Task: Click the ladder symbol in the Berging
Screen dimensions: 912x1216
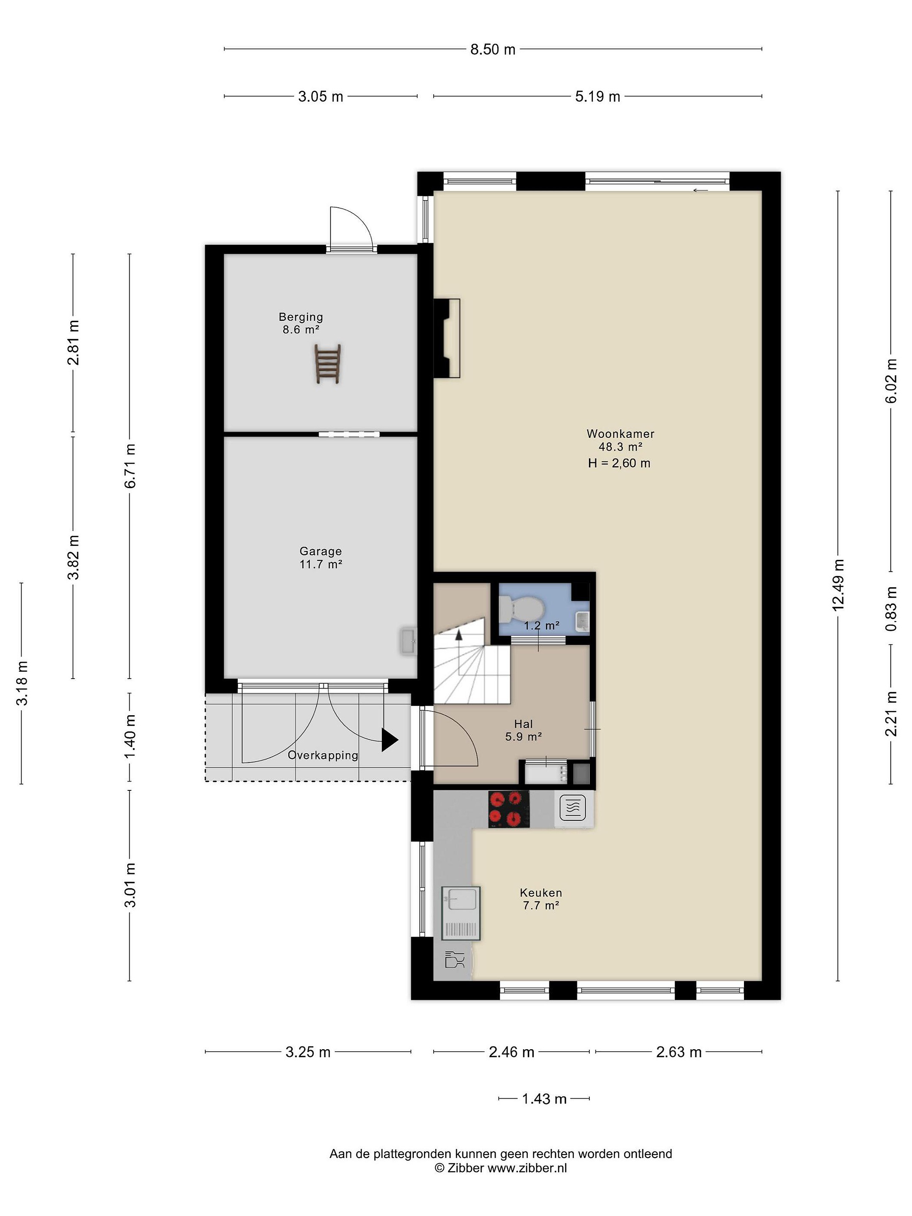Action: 328,364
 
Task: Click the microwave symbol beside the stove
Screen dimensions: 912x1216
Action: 573,808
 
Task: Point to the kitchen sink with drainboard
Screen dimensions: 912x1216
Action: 461,913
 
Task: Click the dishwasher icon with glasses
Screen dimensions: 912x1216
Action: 455,961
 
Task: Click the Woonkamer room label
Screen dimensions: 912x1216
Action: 620,434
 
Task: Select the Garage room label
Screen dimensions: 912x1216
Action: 320,551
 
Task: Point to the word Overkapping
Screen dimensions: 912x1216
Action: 323,755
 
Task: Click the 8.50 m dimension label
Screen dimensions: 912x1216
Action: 493,49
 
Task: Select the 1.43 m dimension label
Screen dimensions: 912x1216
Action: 544,1099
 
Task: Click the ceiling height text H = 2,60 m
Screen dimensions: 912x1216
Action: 619,464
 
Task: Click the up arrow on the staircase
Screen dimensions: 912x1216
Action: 458,635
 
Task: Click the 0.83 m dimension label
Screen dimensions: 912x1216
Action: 891,608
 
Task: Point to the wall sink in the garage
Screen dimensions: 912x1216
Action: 408,641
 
